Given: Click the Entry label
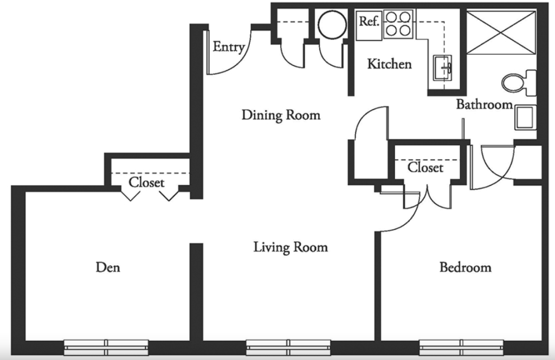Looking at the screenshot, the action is (x=229, y=47).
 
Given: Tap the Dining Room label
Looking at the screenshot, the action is (x=281, y=115).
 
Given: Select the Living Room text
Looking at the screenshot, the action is (x=291, y=247).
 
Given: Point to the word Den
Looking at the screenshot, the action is (x=108, y=267).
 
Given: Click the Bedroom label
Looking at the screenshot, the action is (x=466, y=267).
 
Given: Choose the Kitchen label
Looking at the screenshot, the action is (x=389, y=64).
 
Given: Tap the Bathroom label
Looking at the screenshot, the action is (x=484, y=104).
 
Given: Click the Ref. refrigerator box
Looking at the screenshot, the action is (x=369, y=25).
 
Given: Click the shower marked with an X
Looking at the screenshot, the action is (x=501, y=33).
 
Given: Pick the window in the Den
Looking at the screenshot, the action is (x=106, y=347).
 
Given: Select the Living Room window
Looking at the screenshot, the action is (x=288, y=347).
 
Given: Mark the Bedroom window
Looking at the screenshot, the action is (x=461, y=347).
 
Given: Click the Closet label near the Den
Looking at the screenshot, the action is (x=146, y=182).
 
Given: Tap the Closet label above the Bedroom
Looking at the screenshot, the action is (x=425, y=167).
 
